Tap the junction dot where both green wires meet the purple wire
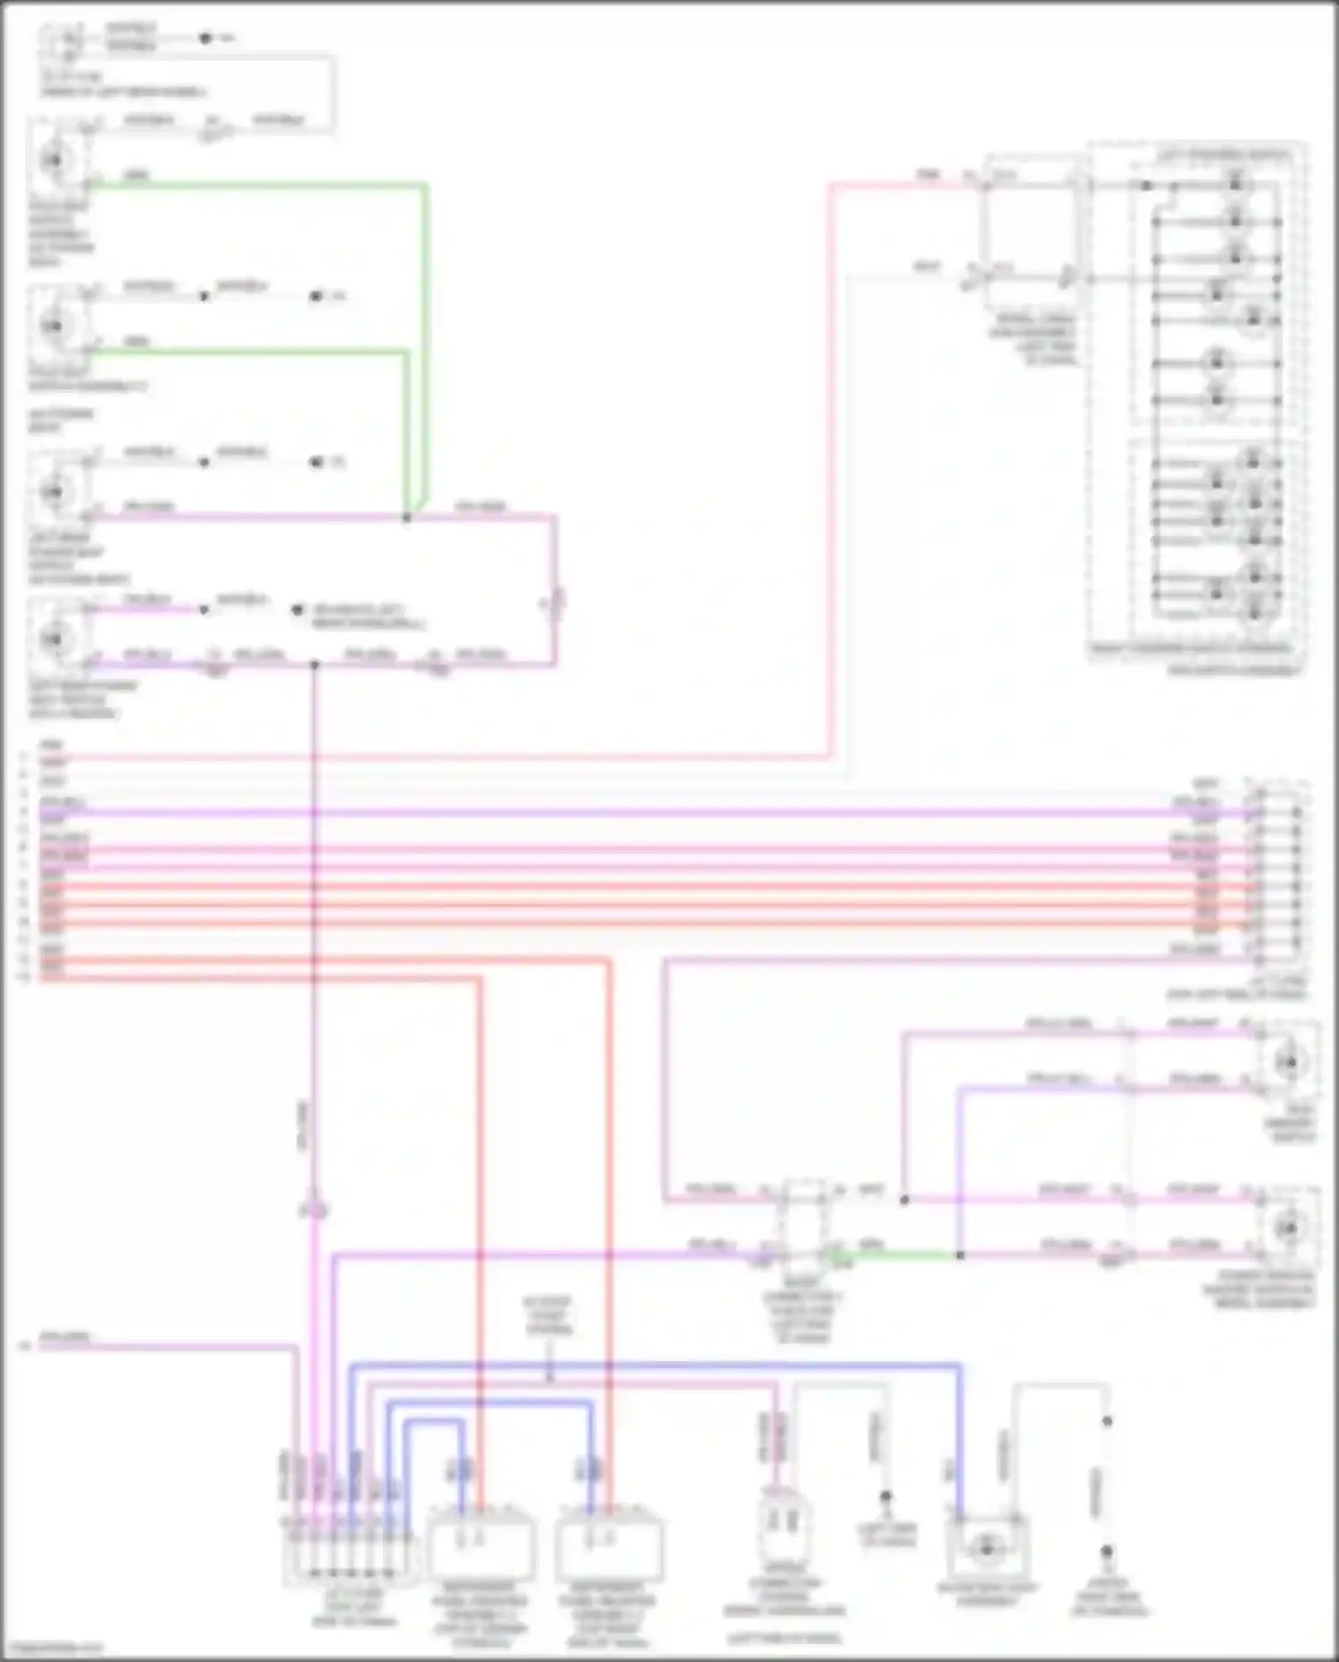point(406,517)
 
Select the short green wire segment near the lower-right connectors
point(902,1255)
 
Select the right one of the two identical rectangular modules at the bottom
point(609,1546)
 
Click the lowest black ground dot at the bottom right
point(1106,1552)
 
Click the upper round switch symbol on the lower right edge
point(1288,1061)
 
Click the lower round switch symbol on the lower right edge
point(1288,1229)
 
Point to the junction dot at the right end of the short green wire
point(960,1255)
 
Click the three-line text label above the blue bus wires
point(548,1316)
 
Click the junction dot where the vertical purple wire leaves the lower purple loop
point(313,664)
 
